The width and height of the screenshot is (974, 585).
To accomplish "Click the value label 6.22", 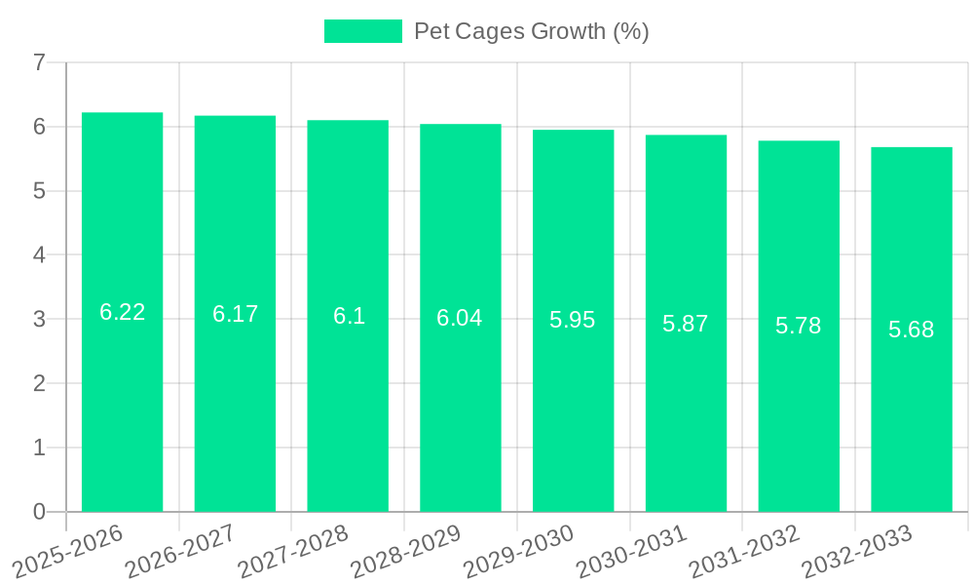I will pyautogui.click(x=122, y=312).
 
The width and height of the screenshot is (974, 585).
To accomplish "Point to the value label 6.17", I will pyautogui.click(x=235, y=314).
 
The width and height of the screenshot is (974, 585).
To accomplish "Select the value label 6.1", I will pyautogui.click(x=349, y=316).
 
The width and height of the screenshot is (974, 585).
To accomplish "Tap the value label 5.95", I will pyautogui.click(x=573, y=320).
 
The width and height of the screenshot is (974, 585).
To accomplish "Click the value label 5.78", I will pyautogui.click(x=799, y=326).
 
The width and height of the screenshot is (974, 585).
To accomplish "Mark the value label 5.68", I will pyautogui.click(x=912, y=330).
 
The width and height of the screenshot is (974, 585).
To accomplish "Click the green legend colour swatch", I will pyautogui.click(x=363, y=31).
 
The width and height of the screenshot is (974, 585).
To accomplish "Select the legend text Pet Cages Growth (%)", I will pyautogui.click(x=532, y=31).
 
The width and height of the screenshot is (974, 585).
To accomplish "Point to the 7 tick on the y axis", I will pyautogui.click(x=39, y=63).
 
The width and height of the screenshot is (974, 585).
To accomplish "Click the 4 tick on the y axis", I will pyautogui.click(x=39, y=255).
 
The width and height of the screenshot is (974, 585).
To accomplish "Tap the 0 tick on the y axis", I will pyautogui.click(x=39, y=512).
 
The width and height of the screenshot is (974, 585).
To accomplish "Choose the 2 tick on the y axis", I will pyautogui.click(x=39, y=383).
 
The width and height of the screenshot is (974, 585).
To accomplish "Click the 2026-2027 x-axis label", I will pyautogui.click(x=181, y=550).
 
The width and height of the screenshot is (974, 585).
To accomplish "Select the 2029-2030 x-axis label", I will pyautogui.click(x=519, y=550).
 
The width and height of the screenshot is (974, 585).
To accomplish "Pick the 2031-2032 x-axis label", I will pyautogui.click(x=745, y=550).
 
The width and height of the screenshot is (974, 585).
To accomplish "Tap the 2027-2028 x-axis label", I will pyautogui.click(x=294, y=550).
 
